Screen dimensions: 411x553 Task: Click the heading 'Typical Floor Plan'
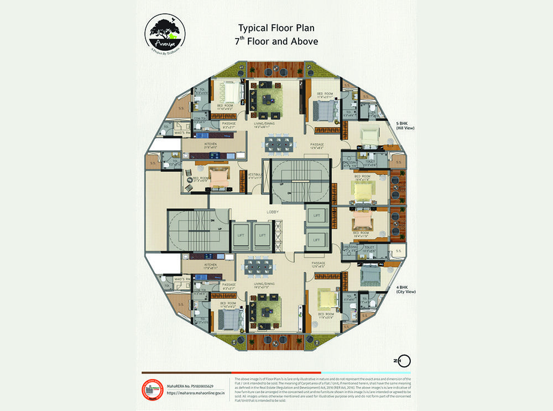tap(277, 27)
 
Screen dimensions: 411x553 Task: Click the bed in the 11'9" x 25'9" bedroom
tap(327, 300)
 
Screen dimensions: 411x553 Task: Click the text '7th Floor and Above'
tap(277, 41)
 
